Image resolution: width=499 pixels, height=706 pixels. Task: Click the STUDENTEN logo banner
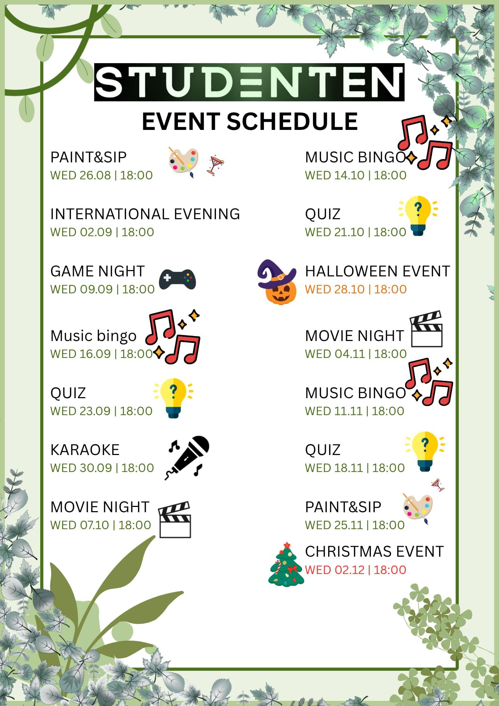(x=249, y=82)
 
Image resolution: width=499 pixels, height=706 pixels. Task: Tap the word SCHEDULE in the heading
(x=292, y=121)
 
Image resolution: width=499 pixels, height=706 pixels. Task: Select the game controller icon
(x=177, y=279)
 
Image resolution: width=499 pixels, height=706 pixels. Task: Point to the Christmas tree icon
(x=286, y=564)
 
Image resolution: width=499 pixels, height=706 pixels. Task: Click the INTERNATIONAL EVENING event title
(x=145, y=214)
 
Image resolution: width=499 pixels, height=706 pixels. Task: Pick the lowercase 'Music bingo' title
(x=93, y=336)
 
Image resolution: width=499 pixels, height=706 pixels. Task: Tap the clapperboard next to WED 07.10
(x=175, y=520)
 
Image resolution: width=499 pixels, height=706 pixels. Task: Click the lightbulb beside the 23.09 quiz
(x=173, y=398)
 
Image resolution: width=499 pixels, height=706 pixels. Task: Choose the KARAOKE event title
(x=85, y=450)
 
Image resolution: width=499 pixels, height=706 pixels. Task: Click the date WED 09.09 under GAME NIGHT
(x=82, y=289)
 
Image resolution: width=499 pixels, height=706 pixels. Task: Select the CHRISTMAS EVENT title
(x=374, y=552)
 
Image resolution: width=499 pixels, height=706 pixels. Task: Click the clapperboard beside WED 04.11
(x=426, y=329)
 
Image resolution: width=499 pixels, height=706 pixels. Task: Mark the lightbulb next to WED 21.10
(x=418, y=216)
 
